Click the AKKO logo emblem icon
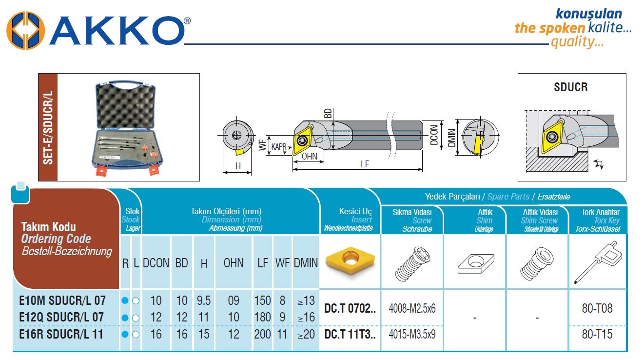pos(26,31)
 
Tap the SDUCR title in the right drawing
pos(571,87)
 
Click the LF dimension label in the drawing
pos(365,164)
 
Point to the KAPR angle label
pos(278,146)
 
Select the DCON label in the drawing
pos(434,135)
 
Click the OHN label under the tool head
pos(310,156)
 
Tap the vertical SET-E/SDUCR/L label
pos(48,127)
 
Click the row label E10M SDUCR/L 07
pos(62,300)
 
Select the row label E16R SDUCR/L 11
pos(61,334)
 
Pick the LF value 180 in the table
pos(262,317)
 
